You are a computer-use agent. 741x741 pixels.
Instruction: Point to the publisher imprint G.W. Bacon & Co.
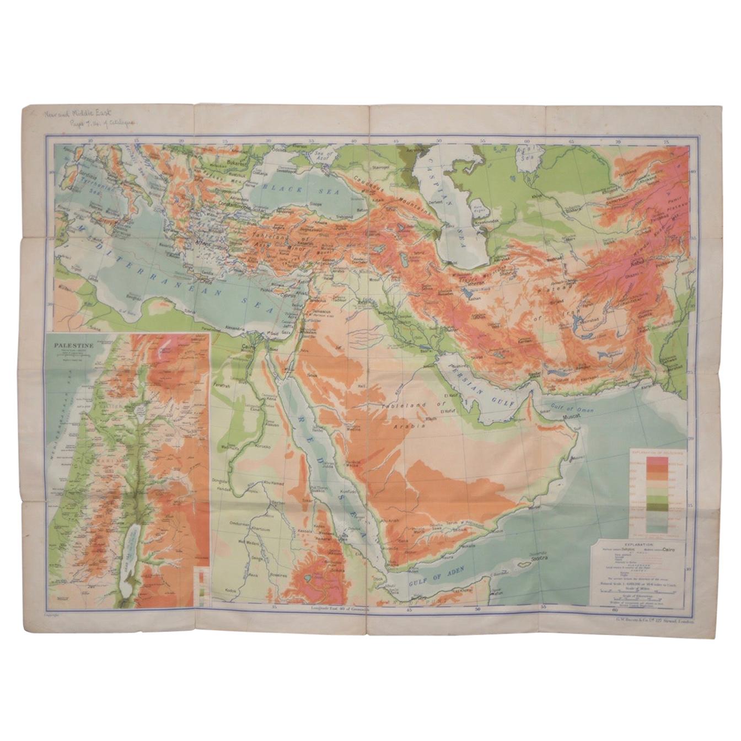pyautogui.click(x=651, y=620)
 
